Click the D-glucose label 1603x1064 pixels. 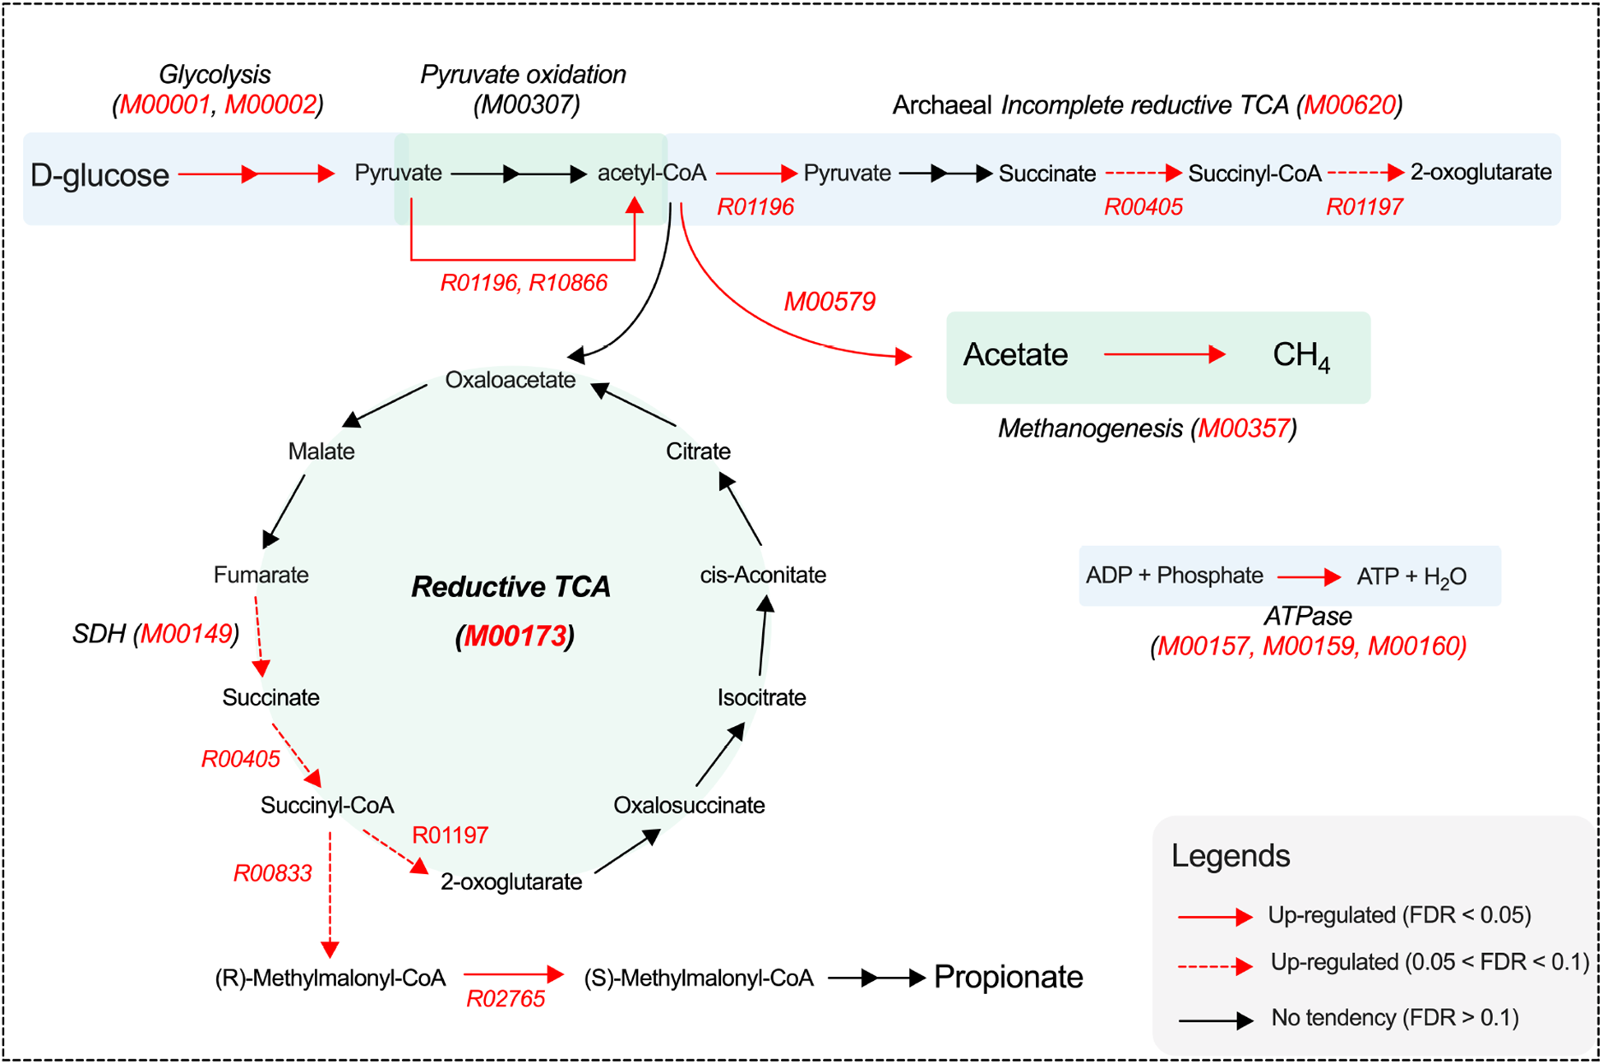coord(99,175)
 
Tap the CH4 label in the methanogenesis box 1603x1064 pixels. coord(1300,355)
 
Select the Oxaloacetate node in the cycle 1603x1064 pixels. coord(510,380)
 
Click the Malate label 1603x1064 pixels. coord(321,451)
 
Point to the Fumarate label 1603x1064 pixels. coord(261,575)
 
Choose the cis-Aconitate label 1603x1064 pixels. coord(762,575)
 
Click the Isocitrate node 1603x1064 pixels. coord(761,698)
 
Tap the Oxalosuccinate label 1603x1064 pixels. coord(689,805)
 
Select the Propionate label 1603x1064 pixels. coord(1008,978)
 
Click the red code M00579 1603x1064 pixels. coord(829,302)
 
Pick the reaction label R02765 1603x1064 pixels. coord(506,999)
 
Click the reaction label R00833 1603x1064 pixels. coord(273,873)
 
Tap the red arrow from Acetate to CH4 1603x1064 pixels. coord(1164,354)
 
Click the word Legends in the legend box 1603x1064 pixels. coord(1230,856)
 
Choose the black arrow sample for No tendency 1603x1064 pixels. coord(1215,1020)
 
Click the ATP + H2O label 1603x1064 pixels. coord(1411,576)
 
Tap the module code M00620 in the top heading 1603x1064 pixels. coord(1350,105)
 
